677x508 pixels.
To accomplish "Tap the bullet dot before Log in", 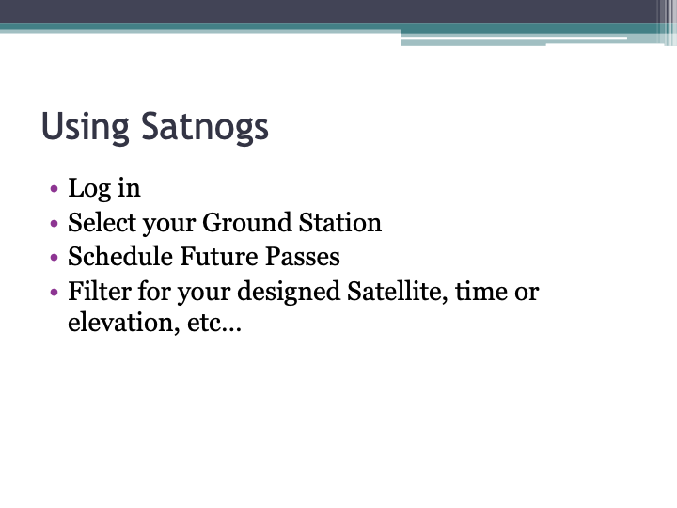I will [54, 189].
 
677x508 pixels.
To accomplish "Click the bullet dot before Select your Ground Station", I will [54, 224].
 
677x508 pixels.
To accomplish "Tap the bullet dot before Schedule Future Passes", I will [54, 258].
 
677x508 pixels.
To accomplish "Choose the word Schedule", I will [119, 257].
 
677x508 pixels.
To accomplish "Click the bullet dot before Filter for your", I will [54, 293].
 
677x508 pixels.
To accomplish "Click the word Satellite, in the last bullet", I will [393, 292].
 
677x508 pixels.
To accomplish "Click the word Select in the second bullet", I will [102, 223].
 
